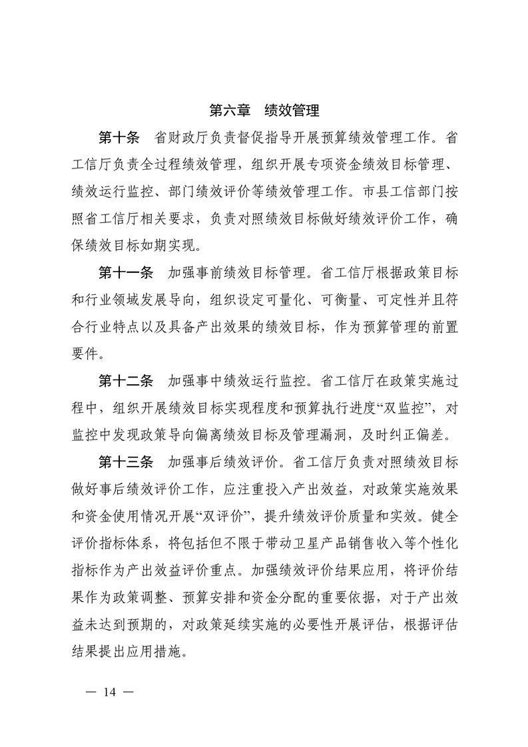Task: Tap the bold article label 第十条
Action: (x=119, y=138)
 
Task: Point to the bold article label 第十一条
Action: (x=126, y=273)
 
